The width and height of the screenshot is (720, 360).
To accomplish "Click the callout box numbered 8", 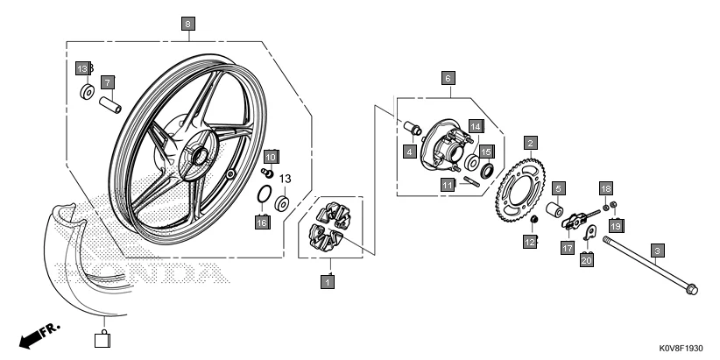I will pyautogui.click(x=188, y=25).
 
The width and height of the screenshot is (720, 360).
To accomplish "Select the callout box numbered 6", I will pyautogui.click(x=448, y=79).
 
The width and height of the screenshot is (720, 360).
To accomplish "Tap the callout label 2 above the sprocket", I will pyautogui.click(x=531, y=141).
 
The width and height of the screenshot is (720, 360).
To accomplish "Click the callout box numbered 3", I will pyautogui.click(x=655, y=250).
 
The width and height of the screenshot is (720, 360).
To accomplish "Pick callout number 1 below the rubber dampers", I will pyautogui.click(x=327, y=282).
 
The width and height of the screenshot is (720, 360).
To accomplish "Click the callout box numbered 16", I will pyautogui.click(x=261, y=222).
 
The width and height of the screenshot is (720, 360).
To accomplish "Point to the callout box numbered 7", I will pyautogui.click(x=107, y=81).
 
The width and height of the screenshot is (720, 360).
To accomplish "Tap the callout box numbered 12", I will pyautogui.click(x=530, y=241).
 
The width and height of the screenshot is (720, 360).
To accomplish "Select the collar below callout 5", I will pyautogui.click(x=554, y=212).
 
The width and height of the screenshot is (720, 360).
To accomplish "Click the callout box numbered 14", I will pyautogui.click(x=474, y=126).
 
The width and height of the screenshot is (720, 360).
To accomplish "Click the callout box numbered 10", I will pyautogui.click(x=271, y=157).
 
